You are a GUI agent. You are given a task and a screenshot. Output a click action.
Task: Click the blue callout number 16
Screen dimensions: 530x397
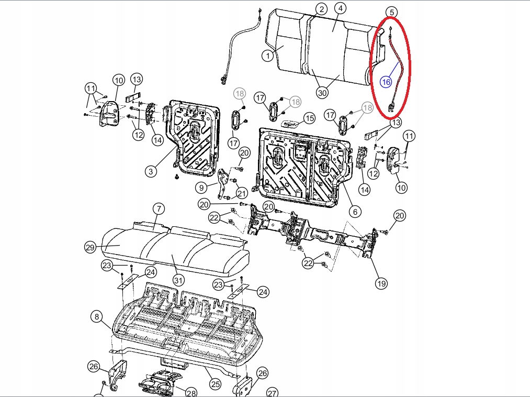point(386,82)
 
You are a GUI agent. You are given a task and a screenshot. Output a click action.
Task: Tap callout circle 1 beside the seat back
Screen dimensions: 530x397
point(268,56)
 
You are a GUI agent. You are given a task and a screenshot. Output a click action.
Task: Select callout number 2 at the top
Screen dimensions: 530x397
point(321,9)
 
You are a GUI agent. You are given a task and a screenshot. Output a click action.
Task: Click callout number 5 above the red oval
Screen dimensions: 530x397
point(392,13)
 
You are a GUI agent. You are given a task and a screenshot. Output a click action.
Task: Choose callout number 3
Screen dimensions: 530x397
point(151,171)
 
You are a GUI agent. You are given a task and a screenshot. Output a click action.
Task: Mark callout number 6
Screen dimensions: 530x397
point(355,212)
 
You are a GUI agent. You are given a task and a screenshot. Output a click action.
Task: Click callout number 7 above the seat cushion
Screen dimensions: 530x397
point(159,208)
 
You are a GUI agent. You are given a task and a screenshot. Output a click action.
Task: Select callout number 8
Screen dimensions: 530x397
point(97,316)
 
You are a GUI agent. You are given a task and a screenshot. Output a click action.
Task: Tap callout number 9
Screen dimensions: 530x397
point(201,188)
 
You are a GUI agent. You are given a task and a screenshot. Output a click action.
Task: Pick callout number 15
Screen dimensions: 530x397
point(309,118)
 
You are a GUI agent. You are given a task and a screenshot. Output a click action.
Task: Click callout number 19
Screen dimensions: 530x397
point(381,283)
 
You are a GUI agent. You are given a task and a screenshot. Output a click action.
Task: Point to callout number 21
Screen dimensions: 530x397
point(242,194)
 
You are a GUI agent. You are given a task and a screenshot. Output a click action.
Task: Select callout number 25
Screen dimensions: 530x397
point(216,384)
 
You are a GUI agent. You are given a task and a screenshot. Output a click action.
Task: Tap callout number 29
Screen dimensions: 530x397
point(90,247)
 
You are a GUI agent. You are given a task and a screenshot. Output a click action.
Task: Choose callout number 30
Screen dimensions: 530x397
point(322,92)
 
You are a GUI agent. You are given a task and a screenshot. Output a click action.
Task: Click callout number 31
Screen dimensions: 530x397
point(178,280)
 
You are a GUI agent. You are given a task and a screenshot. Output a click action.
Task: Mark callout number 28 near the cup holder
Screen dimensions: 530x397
point(191,393)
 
